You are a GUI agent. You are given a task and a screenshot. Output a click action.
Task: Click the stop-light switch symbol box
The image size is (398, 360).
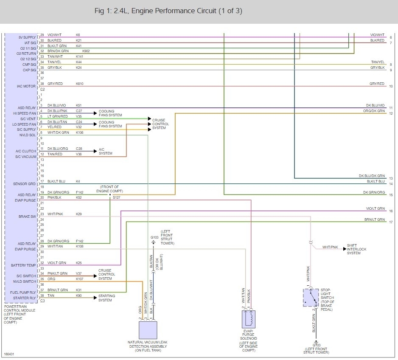pos(311,297)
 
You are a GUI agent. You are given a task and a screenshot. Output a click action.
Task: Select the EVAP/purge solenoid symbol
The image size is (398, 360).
pos(249,319)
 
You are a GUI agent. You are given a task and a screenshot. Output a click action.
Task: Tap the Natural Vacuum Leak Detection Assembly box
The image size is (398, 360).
pos(148,330)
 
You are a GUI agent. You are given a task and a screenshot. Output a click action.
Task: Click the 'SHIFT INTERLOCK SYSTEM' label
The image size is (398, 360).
pos(356,249)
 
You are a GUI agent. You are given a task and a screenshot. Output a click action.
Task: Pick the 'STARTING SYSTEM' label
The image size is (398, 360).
pos(105,298)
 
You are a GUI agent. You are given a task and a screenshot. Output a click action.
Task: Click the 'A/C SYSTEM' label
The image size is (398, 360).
pos(105,151)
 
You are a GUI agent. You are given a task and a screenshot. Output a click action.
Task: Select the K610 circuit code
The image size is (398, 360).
pos(79,84)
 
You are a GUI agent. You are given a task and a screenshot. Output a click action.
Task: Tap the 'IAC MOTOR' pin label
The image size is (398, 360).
pos(26,86)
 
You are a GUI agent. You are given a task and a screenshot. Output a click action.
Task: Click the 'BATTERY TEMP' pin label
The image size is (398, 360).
pos(23,265)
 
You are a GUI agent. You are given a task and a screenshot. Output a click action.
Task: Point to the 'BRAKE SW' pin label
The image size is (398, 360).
pos(27,217)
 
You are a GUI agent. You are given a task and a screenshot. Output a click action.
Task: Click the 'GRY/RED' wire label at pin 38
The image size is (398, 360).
pos(55,84)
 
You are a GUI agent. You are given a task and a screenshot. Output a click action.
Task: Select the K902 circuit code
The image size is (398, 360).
pos(86,51)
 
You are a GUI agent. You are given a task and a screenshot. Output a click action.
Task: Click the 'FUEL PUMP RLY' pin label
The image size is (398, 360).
pos(23,292)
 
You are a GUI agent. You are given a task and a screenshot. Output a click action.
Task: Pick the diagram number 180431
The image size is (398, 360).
pos(8,353)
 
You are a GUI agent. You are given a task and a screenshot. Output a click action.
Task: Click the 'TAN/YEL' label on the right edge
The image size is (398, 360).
pos(377,62)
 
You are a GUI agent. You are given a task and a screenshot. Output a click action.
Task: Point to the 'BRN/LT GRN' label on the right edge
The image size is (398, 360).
pos(375,219)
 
